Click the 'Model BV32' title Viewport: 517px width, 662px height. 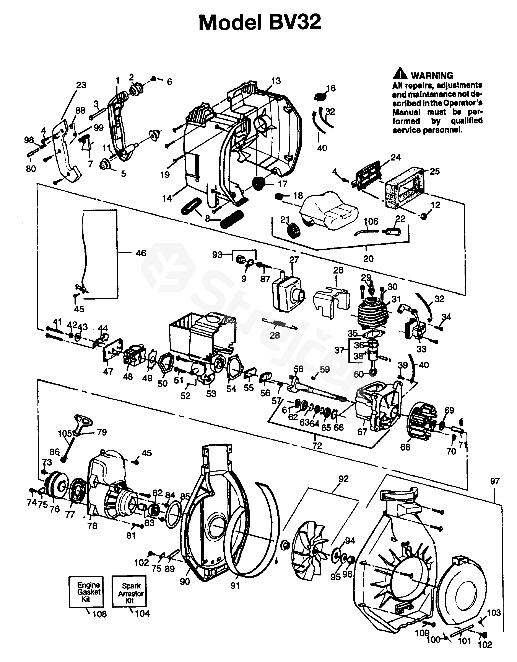[260, 23]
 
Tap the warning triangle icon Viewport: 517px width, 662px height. [400, 74]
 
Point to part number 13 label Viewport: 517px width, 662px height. [276, 81]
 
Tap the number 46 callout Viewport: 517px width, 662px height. [141, 253]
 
